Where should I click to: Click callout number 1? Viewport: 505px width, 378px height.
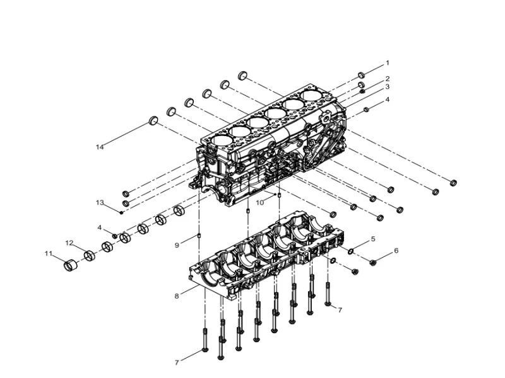point(388,63)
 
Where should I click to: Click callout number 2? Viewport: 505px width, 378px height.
point(388,79)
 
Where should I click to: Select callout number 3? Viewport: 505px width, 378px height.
point(388,87)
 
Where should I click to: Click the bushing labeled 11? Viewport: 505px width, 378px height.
point(71,265)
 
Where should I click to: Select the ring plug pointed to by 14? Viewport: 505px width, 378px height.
point(153,120)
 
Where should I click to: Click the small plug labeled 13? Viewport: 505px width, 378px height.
point(121,212)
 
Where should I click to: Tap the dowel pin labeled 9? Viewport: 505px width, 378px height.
point(199,236)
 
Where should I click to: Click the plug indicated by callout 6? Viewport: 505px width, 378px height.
point(373,262)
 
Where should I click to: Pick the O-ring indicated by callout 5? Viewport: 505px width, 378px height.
point(350,251)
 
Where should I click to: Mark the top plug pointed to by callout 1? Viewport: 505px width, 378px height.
point(361,75)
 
